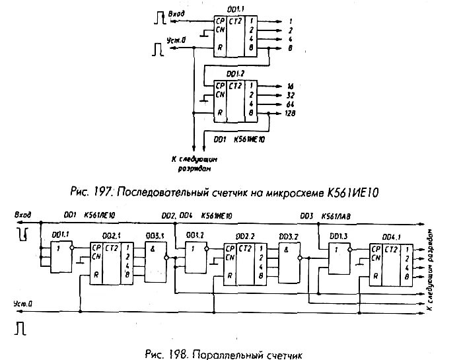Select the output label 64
click(290, 104)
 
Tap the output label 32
click(290, 95)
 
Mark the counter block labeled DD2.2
click(246, 262)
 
